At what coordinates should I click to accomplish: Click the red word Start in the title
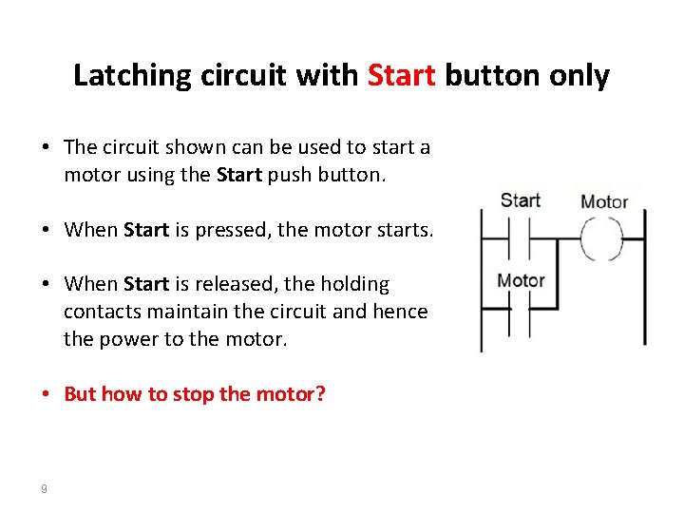pyautogui.click(x=401, y=75)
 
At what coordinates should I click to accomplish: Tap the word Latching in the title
pyautogui.click(x=132, y=76)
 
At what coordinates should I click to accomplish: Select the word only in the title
pyautogui.click(x=579, y=76)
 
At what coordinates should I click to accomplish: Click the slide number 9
pyautogui.click(x=44, y=488)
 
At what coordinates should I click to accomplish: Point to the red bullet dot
pyautogui.click(x=46, y=393)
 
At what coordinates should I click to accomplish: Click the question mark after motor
pyautogui.click(x=320, y=393)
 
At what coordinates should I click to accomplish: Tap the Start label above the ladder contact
pyautogui.click(x=521, y=200)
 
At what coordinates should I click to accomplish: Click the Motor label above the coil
pyautogui.click(x=604, y=202)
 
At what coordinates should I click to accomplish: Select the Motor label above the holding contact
pyautogui.click(x=521, y=280)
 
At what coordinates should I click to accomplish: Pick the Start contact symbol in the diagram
pyautogui.click(x=519, y=239)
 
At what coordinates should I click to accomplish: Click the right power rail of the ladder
pyautogui.click(x=645, y=277)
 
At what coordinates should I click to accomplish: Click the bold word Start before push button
pyautogui.click(x=239, y=175)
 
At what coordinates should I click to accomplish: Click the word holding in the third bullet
pyautogui.click(x=355, y=285)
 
